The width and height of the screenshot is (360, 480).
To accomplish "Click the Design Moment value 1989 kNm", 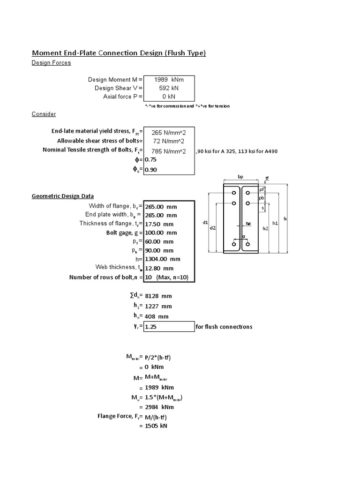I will pyautogui.click(x=169, y=79).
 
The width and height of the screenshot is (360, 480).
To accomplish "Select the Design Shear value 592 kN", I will pyautogui.click(x=169, y=88).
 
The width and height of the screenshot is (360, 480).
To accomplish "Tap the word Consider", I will pyautogui.click(x=44, y=114).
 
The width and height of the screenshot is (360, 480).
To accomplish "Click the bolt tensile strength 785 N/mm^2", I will pyautogui.click(x=169, y=151).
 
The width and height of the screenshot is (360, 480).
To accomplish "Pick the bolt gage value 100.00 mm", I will pyautogui.click(x=161, y=232).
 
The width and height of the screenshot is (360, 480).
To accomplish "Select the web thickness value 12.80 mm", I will pyautogui.click(x=159, y=268).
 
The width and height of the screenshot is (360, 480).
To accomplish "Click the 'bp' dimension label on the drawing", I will pyautogui.click(x=240, y=177).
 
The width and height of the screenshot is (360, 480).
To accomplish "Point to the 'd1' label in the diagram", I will pyautogui.click(x=205, y=223).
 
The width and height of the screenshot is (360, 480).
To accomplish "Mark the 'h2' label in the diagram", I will pyautogui.click(x=265, y=228).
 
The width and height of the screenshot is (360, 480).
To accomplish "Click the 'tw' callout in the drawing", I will pyautogui.click(x=249, y=224).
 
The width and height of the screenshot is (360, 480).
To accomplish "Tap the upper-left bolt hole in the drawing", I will pyautogui.click(x=233, y=193).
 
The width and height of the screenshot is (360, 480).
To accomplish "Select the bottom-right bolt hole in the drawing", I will pyautogui.click(x=247, y=244).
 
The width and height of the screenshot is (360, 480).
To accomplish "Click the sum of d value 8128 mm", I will pyautogui.click(x=159, y=296).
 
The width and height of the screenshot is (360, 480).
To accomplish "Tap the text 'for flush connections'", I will pyautogui.click(x=224, y=327).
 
